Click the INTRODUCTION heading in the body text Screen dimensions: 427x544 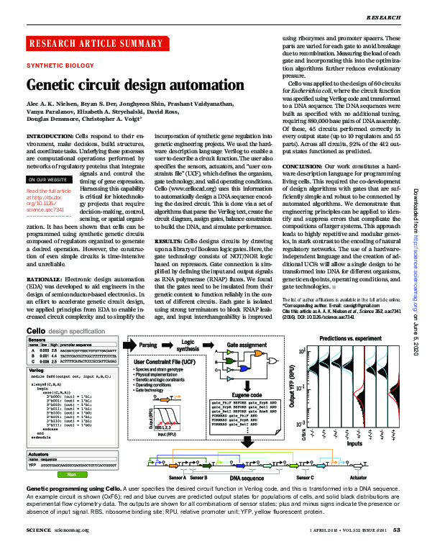(49, 135)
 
